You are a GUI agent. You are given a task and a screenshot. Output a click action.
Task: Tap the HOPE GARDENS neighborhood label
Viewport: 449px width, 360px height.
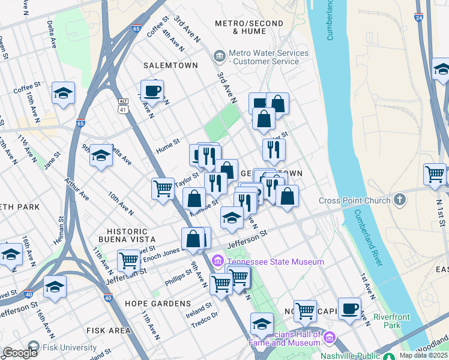point(158,304)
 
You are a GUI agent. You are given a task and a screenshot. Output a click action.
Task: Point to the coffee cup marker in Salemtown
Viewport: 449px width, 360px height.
point(152,91)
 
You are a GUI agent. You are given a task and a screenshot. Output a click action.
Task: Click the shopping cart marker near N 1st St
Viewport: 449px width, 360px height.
point(435,174)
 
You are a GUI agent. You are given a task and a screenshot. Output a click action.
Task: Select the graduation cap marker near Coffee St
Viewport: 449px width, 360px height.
point(63,92)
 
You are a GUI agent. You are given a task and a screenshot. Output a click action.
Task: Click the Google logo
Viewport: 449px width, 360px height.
point(20,353)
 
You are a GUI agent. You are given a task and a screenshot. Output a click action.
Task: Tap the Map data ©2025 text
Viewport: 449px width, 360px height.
point(423,355)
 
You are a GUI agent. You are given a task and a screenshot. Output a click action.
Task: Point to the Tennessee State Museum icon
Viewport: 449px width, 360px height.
point(217,262)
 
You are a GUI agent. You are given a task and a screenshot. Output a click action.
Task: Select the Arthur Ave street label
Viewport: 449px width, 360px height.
point(78,190)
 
